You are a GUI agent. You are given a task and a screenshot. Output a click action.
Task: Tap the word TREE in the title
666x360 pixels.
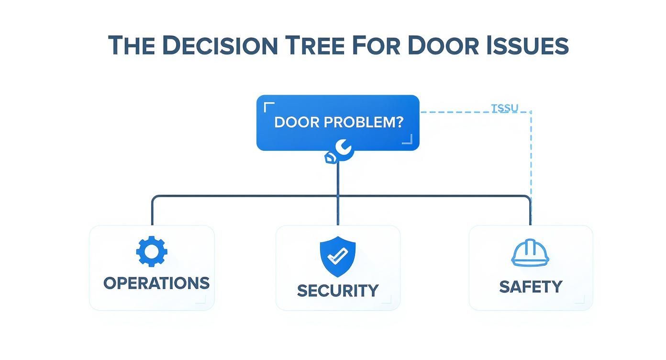click(315, 45)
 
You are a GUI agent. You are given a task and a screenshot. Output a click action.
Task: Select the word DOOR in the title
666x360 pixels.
click(443, 45)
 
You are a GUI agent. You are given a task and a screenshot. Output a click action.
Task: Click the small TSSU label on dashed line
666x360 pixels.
click(505, 108)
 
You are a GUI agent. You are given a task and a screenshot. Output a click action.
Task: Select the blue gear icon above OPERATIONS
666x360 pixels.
click(152, 251)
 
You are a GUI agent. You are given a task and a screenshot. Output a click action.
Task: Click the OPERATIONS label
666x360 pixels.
click(156, 283)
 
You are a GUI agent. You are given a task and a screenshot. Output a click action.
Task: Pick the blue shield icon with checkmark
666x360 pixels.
click(338, 256)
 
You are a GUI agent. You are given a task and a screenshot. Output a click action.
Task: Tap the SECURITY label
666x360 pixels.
click(338, 291)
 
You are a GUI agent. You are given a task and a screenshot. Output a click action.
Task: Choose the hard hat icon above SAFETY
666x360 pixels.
click(530, 253)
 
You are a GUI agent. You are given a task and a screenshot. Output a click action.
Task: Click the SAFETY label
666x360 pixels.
click(531, 287)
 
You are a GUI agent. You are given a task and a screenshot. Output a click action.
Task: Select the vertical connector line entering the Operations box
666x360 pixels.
click(152, 213)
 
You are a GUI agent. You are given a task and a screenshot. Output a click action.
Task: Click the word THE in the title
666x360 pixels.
click(132, 45)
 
